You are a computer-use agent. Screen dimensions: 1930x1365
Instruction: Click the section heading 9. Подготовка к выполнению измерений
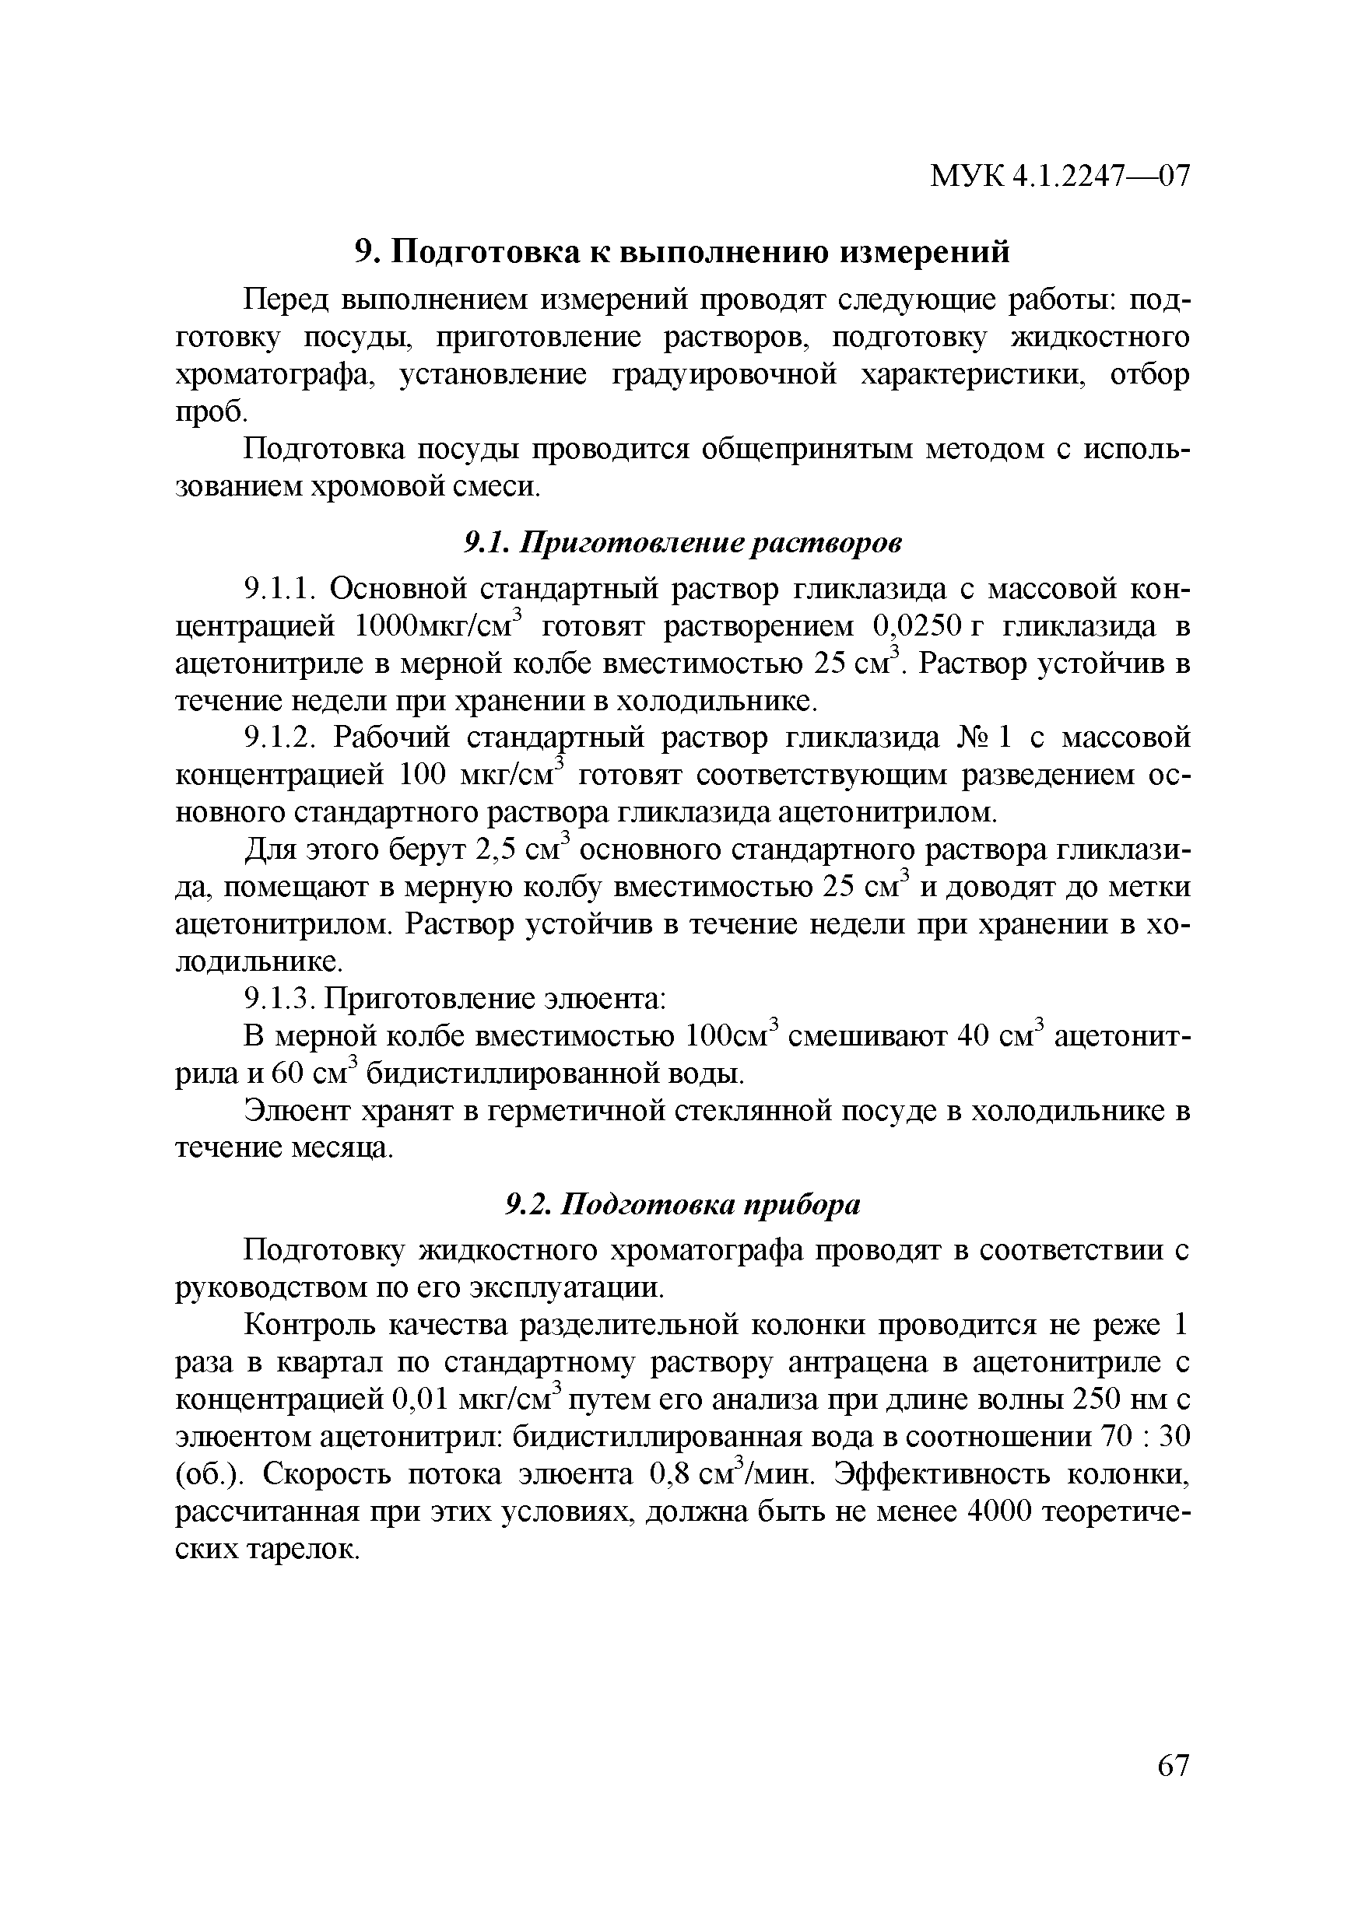(x=681, y=252)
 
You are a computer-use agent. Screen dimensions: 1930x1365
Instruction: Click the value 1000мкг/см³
(x=440, y=626)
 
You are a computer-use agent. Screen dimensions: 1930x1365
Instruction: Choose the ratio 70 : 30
(x=1146, y=1438)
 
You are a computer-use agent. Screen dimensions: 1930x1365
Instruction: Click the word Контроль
(x=308, y=1326)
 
